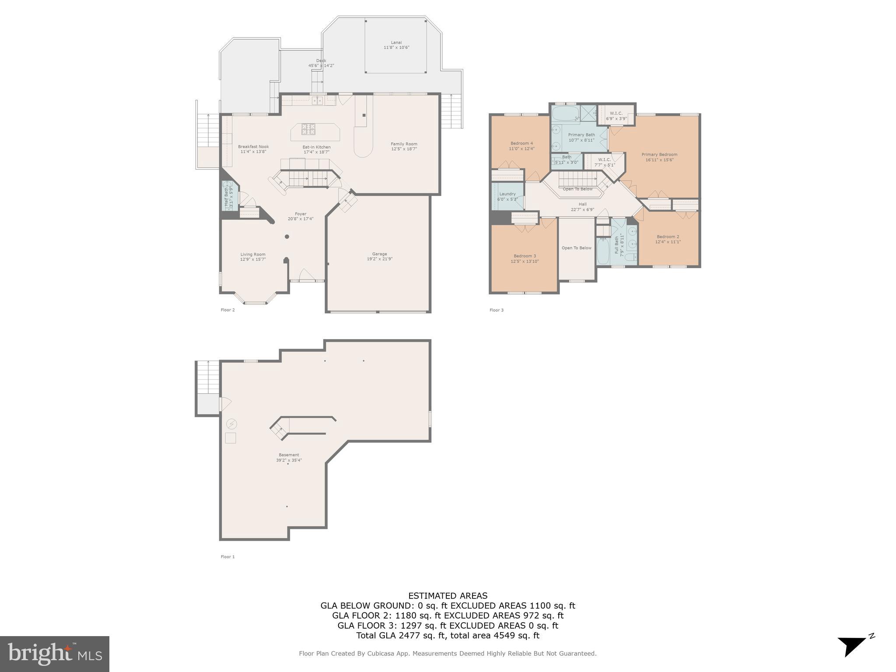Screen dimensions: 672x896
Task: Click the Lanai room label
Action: [396, 43]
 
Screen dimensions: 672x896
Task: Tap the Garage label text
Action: [379, 254]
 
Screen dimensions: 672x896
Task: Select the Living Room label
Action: [253, 255]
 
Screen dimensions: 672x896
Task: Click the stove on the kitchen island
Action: [308, 129]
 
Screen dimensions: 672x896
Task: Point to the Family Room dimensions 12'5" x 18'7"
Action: [404, 149]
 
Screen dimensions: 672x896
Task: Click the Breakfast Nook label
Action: [253, 147]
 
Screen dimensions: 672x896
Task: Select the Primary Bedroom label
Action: [659, 154]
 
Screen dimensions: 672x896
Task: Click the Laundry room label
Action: [507, 194]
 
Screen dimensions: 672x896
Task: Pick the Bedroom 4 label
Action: [521, 143]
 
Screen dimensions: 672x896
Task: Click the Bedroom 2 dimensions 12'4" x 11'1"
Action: [668, 242]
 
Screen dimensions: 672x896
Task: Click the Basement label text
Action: [289, 455]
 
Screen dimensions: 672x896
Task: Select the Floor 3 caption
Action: [496, 310]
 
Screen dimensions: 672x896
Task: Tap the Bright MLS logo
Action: [55, 654]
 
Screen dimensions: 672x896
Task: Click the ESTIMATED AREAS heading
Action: [448, 596]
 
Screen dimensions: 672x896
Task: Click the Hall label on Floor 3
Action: [582, 204]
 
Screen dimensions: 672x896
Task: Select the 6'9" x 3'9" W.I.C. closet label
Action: [616, 119]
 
